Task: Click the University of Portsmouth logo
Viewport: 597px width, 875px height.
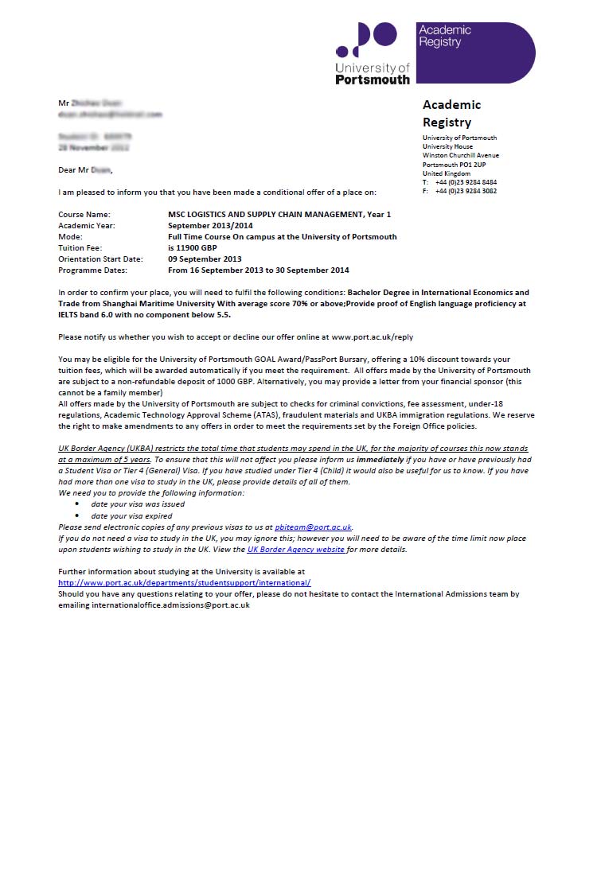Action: pos(373,52)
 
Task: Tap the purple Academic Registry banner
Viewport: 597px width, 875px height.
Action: pos(475,52)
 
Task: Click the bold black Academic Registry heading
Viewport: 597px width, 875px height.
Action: pos(451,113)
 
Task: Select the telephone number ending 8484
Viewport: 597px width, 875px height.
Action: pos(466,182)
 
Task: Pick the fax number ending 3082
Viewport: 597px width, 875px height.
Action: pos(466,191)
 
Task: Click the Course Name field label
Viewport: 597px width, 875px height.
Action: pos(84,215)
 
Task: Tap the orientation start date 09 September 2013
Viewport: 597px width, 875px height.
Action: pos(205,259)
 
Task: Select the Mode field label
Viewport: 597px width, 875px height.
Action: pos(70,237)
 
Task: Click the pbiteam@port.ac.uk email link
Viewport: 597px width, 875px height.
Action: pos(313,527)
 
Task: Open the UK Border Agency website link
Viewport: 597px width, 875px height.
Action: pos(296,550)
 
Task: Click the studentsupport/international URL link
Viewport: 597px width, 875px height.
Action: pos(185,583)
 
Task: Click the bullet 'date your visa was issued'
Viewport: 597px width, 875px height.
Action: pos(138,504)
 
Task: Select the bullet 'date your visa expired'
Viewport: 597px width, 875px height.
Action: pos(131,516)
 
